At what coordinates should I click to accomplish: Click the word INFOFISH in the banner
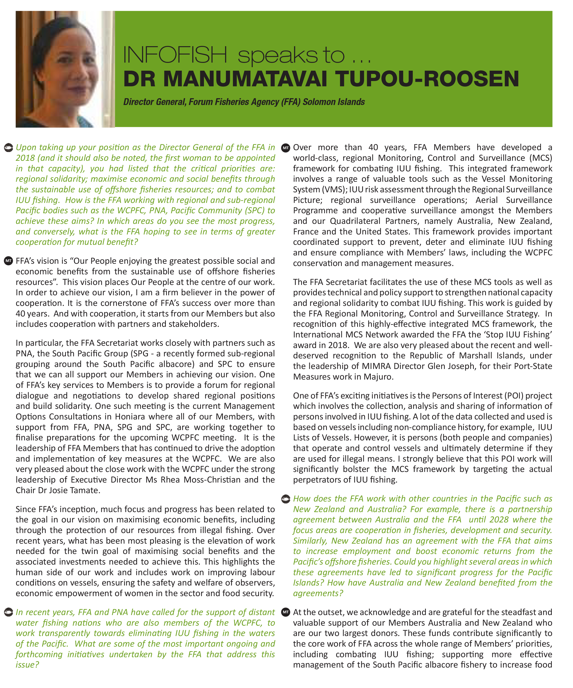tap(175, 55)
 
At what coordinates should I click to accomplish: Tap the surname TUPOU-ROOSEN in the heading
tap(427, 79)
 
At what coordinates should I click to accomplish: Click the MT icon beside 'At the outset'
tap(286, 612)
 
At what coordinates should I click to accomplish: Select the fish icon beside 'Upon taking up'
tap(8, 147)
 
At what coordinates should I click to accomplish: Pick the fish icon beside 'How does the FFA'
tap(286, 499)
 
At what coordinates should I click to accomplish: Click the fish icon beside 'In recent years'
tap(8, 612)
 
